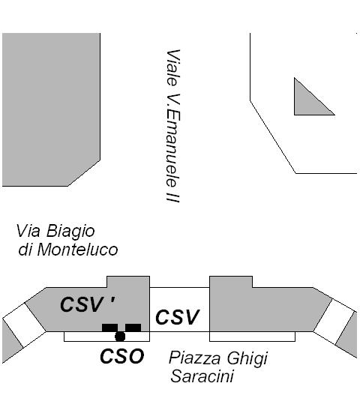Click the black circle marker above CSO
tap(120, 337)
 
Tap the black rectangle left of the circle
tap(109, 328)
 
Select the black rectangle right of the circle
tap(133, 328)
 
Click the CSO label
tap(122, 356)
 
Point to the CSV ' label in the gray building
tap(88, 304)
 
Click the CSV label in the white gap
tap(178, 317)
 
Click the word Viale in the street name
tap(172, 67)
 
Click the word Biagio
tap(70, 232)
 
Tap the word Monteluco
tap(77, 250)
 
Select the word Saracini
tap(202, 376)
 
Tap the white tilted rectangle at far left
tap(24, 325)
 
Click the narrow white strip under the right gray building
tap(252, 337)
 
